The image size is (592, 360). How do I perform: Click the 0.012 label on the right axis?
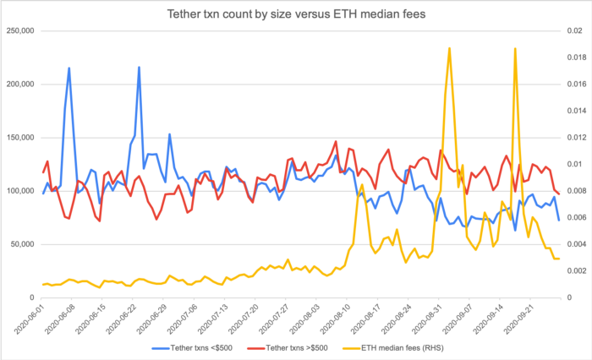tap(573, 138)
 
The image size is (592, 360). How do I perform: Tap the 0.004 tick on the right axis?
tap(573, 244)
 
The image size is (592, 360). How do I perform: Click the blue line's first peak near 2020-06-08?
tap(69, 68)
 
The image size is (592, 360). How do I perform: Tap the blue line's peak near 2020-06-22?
tap(139, 67)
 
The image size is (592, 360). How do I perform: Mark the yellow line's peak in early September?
tap(449, 48)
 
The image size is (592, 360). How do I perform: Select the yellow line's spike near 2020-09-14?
tap(515, 48)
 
